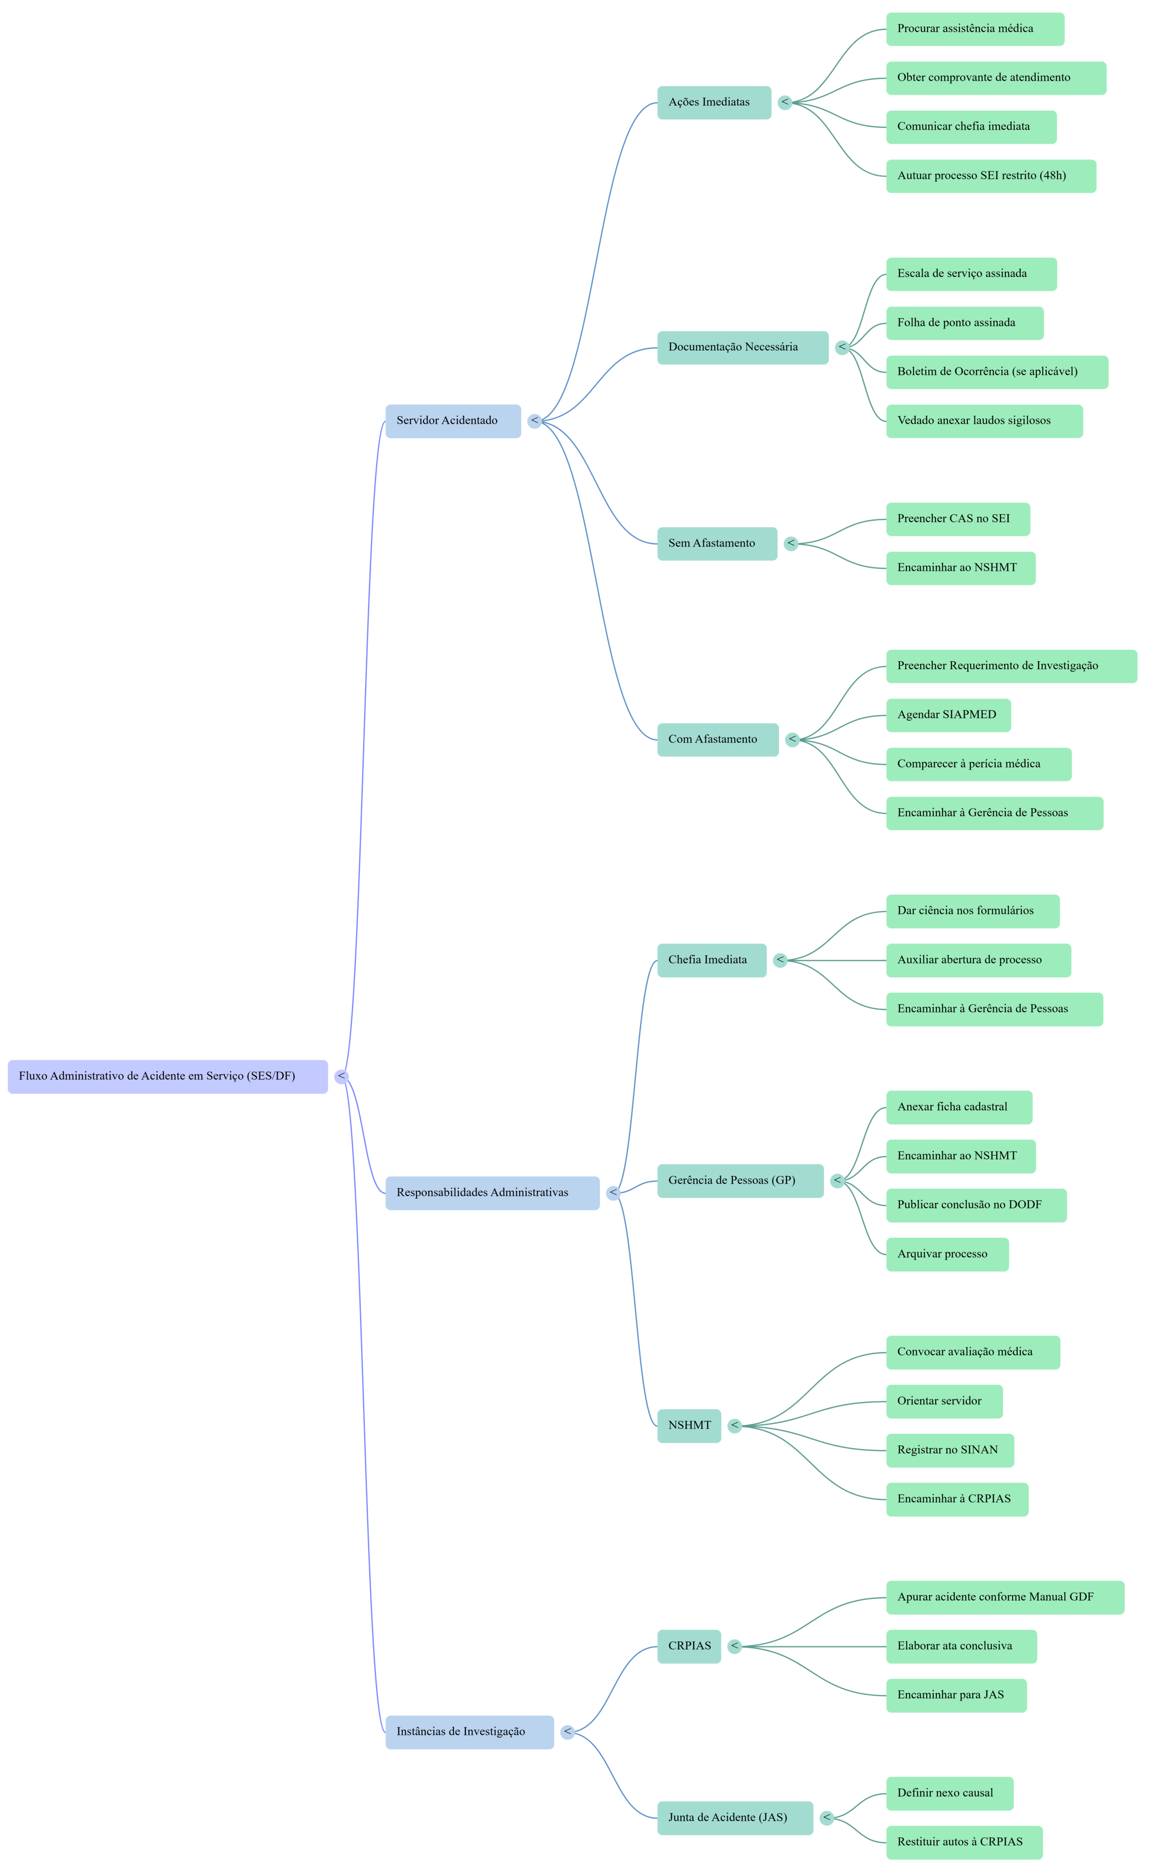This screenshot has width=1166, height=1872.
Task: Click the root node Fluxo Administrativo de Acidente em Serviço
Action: (x=167, y=1076)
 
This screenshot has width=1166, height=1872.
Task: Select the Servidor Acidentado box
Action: (x=453, y=421)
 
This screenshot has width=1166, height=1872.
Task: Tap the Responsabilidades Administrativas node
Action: (x=492, y=1193)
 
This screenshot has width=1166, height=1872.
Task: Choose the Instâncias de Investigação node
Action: (x=469, y=1732)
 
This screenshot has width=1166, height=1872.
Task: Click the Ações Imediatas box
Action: (x=713, y=102)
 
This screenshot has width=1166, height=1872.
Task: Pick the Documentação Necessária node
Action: (x=742, y=348)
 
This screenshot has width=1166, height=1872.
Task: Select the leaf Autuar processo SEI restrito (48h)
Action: (x=990, y=176)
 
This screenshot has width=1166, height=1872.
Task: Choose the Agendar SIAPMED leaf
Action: (x=948, y=715)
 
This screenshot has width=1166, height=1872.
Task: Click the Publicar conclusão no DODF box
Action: (x=976, y=1205)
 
